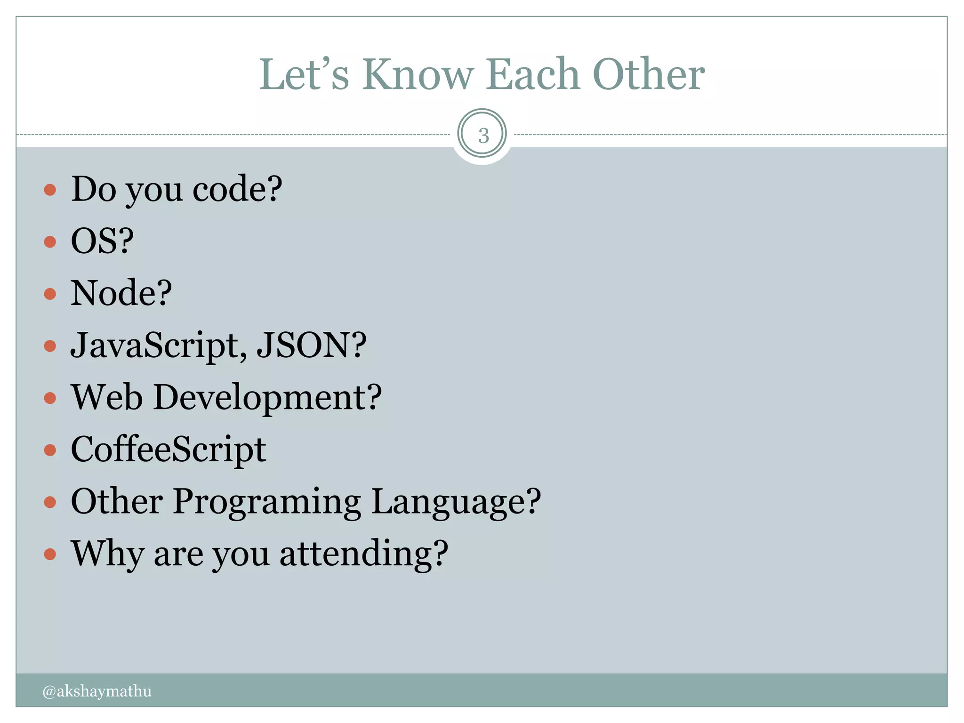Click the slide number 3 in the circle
[x=483, y=136]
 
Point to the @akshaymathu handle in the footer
[x=97, y=691]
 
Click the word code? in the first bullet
[x=237, y=189]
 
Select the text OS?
[x=102, y=241]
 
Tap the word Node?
[x=121, y=293]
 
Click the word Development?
[x=267, y=398]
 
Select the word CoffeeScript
[x=169, y=450]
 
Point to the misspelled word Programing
[x=267, y=502]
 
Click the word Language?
[x=456, y=502]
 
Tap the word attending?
[x=364, y=554]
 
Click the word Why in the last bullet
[x=107, y=554]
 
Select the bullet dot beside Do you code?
[x=50, y=190]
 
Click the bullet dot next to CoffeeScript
[x=50, y=450]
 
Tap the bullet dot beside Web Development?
[x=50, y=398]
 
